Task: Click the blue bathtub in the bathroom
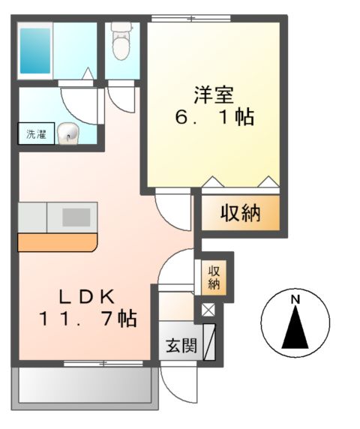pyautogui.click(x=35, y=49)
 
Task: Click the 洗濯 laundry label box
pyautogui.click(x=35, y=135)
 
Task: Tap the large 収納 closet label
pyautogui.click(x=239, y=214)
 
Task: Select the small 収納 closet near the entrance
pyautogui.click(x=214, y=276)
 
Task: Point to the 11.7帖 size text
pyautogui.click(x=88, y=319)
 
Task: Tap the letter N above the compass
pyautogui.click(x=295, y=299)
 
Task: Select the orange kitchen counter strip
pyautogui.click(x=57, y=241)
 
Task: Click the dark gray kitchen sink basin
pyautogui.click(x=76, y=217)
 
